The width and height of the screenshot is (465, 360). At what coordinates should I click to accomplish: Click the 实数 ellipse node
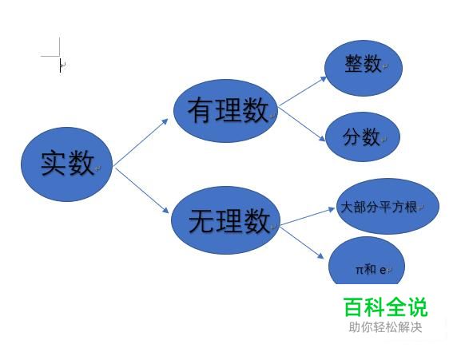(x=67, y=164)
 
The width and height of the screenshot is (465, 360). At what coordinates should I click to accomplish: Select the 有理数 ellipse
(x=225, y=111)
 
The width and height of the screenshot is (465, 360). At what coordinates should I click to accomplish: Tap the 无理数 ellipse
(x=225, y=220)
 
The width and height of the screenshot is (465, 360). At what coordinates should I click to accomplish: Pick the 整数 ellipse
(x=364, y=68)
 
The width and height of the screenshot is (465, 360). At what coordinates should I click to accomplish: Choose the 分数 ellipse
(x=363, y=136)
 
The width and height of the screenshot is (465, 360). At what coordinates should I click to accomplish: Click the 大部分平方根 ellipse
(x=387, y=206)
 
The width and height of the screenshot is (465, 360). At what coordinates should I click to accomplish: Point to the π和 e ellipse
(x=367, y=261)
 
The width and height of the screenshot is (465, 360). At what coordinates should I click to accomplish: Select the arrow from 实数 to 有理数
(x=141, y=142)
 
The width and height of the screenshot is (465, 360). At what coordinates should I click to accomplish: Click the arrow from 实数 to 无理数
(x=141, y=191)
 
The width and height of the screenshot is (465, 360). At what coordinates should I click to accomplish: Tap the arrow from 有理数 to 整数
(x=303, y=91)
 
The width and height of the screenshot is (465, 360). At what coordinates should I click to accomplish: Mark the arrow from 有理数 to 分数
(x=302, y=124)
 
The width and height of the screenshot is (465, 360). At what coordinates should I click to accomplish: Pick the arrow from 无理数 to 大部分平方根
(x=308, y=216)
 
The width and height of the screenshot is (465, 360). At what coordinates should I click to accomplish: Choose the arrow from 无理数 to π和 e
(x=302, y=242)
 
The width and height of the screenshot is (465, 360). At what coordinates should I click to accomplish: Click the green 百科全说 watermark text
(x=386, y=307)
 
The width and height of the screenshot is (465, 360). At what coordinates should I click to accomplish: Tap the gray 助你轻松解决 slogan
(x=385, y=327)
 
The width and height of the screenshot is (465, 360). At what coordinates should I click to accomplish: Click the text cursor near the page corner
(x=60, y=65)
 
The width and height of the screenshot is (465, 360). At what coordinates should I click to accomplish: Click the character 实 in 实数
(x=53, y=163)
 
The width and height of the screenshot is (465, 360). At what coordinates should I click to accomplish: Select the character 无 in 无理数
(x=201, y=221)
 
